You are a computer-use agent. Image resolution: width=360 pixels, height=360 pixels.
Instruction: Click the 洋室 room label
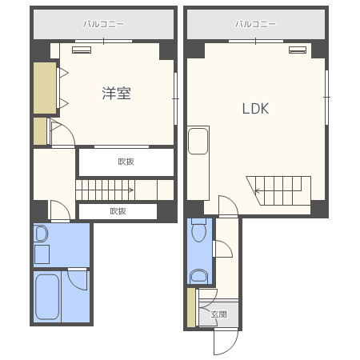tap(116, 93)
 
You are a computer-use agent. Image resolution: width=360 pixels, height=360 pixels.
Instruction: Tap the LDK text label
tap(255, 109)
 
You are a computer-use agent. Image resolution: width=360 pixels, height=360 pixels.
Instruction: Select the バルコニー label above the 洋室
tap(103, 24)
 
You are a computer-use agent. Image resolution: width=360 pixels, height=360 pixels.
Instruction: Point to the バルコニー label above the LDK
tap(255, 24)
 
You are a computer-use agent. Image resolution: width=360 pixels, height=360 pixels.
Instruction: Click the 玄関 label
tap(219, 314)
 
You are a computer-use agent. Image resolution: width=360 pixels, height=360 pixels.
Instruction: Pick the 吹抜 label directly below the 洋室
tap(126, 162)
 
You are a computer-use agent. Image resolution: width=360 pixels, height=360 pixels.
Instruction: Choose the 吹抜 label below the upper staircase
tap(118, 211)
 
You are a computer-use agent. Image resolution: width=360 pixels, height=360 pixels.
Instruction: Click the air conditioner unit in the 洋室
tap(82, 50)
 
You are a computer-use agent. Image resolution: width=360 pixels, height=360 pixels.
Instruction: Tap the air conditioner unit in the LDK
tap(298, 50)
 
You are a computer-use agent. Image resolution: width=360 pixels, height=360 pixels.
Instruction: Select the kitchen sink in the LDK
tap(198, 141)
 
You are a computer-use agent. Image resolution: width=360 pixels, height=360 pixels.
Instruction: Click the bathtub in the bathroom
tap(47, 297)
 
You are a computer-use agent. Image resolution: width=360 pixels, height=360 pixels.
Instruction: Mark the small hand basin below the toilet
tap(199, 276)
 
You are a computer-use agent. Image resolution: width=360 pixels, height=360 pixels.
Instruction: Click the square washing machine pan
tap(42, 254)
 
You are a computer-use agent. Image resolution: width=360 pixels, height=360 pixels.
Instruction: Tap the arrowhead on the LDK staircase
tap(257, 190)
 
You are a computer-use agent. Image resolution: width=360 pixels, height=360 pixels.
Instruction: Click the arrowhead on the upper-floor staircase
tap(131, 190)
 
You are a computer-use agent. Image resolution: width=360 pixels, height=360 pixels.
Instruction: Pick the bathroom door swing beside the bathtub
tap(78, 280)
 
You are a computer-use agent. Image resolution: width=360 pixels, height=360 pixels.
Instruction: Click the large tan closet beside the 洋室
tap(45, 88)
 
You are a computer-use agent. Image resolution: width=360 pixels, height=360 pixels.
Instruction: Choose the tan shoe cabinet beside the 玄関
tap(191, 307)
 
